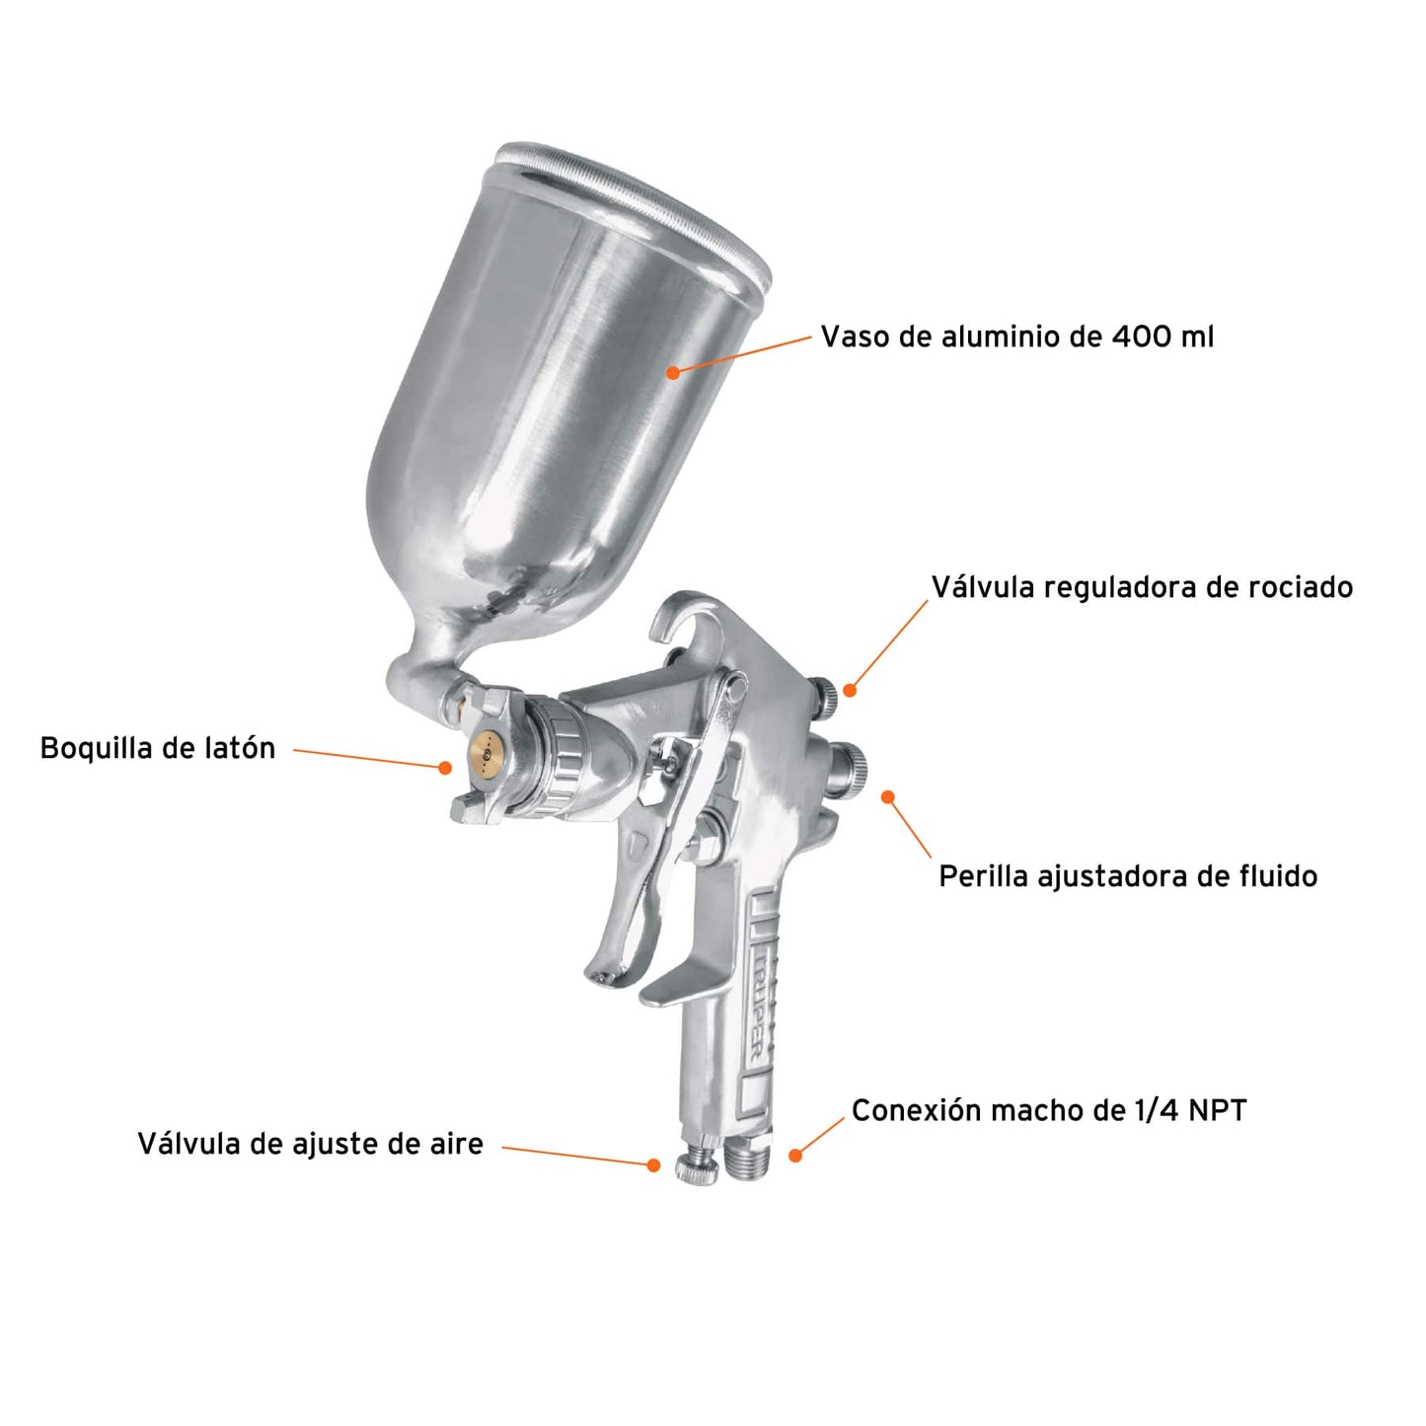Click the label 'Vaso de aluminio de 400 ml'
[1016, 337]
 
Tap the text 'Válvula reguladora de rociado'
[1142, 587]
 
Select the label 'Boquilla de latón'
[158, 748]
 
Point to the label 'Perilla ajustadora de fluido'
[1128, 876]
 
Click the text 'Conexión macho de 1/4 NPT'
[1049, 1110]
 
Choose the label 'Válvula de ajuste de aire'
[310, 1144]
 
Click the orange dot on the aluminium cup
[673, 372]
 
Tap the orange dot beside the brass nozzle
[446, 767]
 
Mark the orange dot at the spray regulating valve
[850, 690]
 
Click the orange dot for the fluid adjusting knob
[888, 796]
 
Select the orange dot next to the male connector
[795, 1155]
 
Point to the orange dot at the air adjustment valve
[653, 1165]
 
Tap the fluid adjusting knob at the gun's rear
[848, 765]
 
